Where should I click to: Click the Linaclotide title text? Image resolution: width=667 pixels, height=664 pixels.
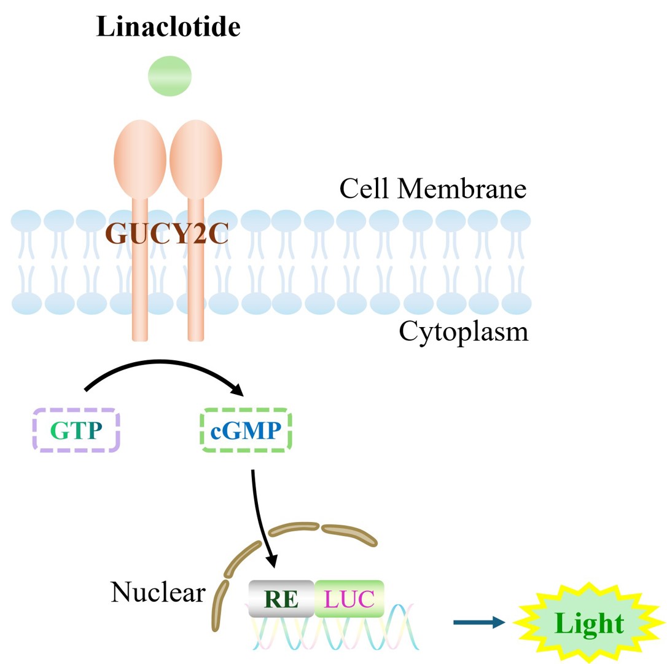click(x=168, y=28)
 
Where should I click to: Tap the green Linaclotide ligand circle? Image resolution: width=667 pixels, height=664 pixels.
click(x=170, y=77)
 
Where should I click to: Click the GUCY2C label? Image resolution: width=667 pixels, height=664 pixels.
click(x=167, y=233)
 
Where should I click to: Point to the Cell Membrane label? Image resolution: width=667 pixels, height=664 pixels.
click(x=432, y=188)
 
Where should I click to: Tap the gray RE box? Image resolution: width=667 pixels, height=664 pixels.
click(x=281, y=598)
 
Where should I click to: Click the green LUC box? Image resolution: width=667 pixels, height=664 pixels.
click(x=349, y=598)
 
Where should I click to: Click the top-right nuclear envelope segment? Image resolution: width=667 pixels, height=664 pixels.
click(x=349, y=534)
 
